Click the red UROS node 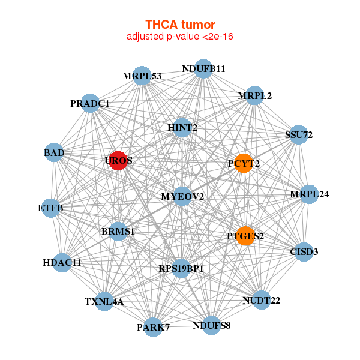coord(118,161)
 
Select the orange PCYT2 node coord(243,163)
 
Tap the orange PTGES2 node coord(245,236)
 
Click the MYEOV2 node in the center coord(182,196)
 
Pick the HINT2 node coord(182,127)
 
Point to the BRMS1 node coord(118,231)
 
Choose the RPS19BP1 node coord(181,268)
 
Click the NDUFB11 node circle coord(203,69)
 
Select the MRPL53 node coord(142,76)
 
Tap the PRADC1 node coord(90,103)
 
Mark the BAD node coord(54,153)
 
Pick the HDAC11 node coord(62,262)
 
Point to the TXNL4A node coord(104,301)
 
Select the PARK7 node coord(154,326)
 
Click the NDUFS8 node coord(211,326)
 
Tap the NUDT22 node coord(261,299)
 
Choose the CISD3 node coord(304,251)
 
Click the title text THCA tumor coord(180,25)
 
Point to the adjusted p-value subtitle coord(180,37)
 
